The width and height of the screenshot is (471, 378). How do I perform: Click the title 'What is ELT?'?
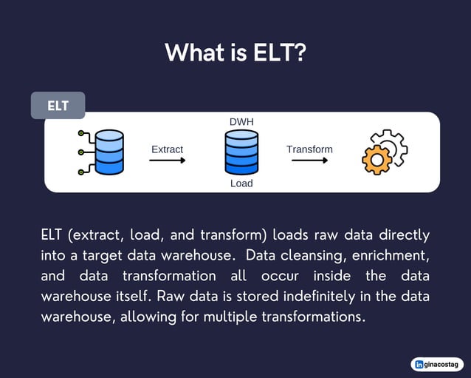point(235,53)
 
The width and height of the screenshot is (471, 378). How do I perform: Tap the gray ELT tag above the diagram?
point(58,106)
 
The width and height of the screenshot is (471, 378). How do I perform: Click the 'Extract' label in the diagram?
point(167,149)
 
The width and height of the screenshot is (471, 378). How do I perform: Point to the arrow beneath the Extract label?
point(167,161)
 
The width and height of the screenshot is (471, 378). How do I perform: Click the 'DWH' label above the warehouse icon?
point(241,121)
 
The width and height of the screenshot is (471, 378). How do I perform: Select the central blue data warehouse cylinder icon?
point(241,152)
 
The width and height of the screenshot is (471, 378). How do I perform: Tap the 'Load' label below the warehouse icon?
point(241,183)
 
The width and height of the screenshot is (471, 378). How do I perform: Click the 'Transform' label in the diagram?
point(309,149)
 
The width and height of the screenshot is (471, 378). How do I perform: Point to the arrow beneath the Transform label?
point(309,161)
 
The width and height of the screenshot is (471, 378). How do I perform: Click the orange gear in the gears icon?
point(376,160)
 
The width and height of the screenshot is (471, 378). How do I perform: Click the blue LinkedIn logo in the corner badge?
point(420,364)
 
